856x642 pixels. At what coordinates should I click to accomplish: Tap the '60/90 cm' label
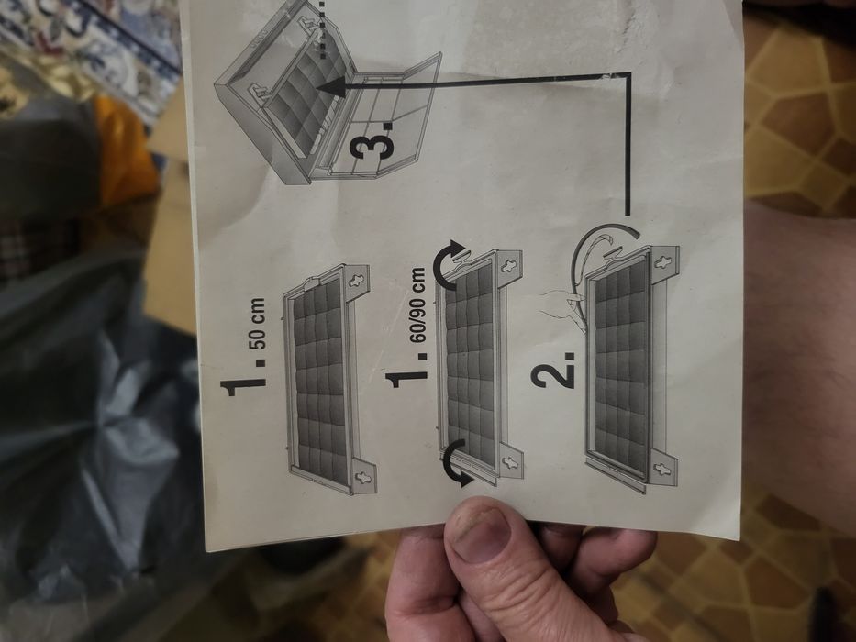pos(418,305)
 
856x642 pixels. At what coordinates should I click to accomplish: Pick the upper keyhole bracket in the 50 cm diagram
pos(357,280)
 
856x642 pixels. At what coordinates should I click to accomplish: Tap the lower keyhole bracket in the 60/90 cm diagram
pos(511,464)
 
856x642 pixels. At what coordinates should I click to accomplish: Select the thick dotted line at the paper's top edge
pos(323,29)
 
